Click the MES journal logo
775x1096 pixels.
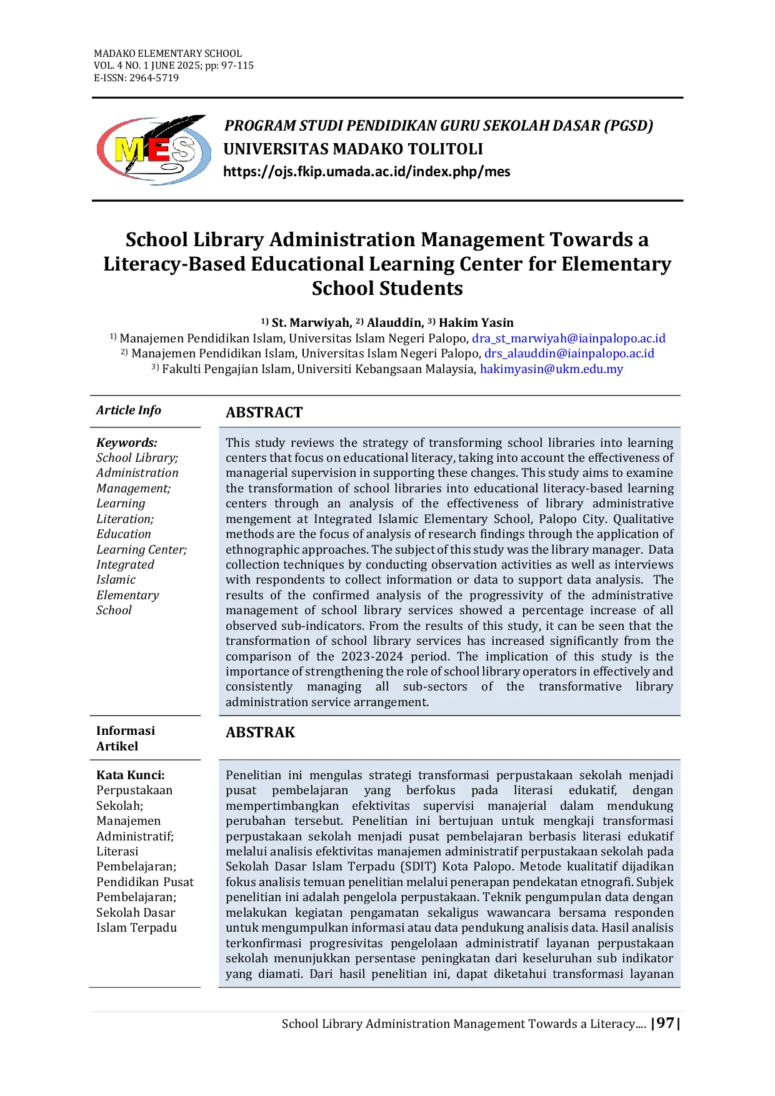click(x=153, y=150)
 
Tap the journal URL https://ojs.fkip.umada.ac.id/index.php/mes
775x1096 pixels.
click(x=366, y=172)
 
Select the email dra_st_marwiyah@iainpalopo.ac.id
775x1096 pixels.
click(x=568, y=339)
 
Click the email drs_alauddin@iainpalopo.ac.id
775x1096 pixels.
click(x=569, y=354)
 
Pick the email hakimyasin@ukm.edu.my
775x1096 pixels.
click(x=551, y=369)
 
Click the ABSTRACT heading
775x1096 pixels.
click(x=264, y=412)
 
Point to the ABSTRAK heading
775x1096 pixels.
click(x=260, y=732)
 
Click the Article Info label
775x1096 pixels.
click(x=129, y=411)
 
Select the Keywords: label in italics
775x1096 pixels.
click(x=127, y=443)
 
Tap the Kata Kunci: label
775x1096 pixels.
click(x=131, y=775)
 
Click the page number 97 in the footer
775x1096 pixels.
click(x=666, y=1023)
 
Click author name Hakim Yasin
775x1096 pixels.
click(x=476, y=322)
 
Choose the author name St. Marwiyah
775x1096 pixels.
click(x=311, y=322)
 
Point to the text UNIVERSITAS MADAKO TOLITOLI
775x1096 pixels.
click(x=353, y=149)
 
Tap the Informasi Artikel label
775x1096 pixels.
click(x=125, y=738)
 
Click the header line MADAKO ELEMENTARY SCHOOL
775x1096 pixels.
click(x=167, y=54)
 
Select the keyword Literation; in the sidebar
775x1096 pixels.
click(x=125, y=519)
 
